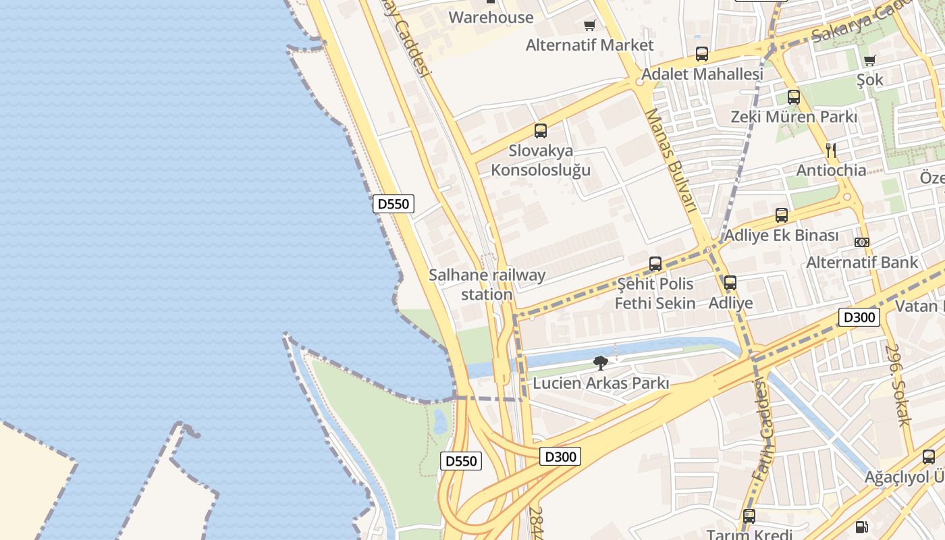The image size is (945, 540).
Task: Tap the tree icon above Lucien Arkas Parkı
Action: tap(600, 363)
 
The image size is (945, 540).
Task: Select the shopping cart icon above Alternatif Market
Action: tap(589, 26)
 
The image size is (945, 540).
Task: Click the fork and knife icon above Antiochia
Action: tap(831, 151)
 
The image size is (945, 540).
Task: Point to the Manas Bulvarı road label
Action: tap(670, 161)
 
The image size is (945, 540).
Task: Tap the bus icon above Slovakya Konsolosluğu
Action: tap(540, 131)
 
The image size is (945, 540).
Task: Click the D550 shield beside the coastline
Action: tap(393, 203)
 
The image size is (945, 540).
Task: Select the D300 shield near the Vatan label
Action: tap(859, 317)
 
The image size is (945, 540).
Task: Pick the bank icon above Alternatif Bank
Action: tap(861, 242)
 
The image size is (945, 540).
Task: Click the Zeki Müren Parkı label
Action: tap(794, 117)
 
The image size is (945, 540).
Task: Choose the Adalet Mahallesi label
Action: tap(702, 74)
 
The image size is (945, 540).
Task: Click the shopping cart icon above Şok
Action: tap(869, 60)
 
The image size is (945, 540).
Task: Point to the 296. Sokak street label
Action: tap(899, 386)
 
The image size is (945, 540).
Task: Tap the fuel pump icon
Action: tap(861, 527)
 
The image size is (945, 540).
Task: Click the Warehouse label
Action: tap(491, 18)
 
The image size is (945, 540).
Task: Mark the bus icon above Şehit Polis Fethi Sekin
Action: tap(655, 264)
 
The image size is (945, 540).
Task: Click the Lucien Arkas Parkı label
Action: tap(601, 383)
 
